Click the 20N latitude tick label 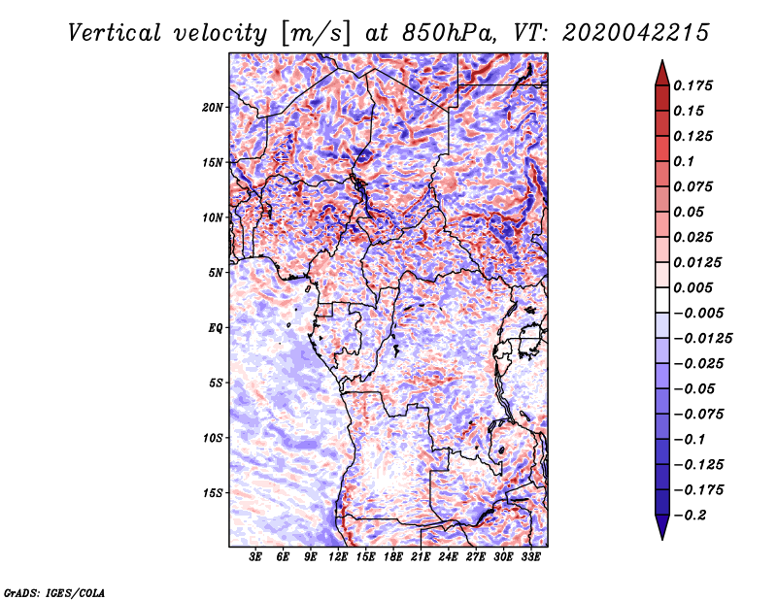point(213,107)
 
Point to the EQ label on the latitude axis point(215,327)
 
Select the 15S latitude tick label point(213,492)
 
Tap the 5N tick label point(216,272)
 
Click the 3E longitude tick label point(256,557)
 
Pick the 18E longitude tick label point(393,557)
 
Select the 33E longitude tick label point(530,557)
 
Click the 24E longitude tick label point(448,557)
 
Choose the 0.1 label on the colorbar point(686,161)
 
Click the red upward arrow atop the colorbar point(661,71)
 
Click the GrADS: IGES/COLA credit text point(53,591)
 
